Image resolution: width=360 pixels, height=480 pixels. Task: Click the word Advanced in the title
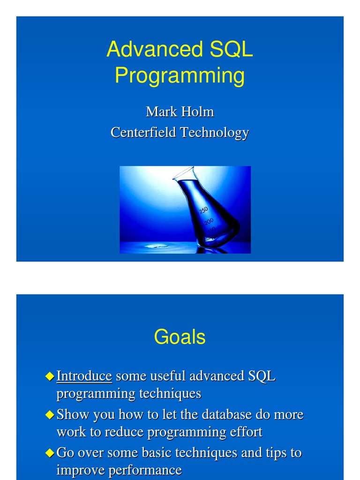(x=148, y=50)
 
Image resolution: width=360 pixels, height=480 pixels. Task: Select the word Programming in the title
(x=180, y=76)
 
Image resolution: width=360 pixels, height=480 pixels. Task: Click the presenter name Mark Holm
(x=180, y=112)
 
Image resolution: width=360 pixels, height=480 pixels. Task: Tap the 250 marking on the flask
(x=203, y=210)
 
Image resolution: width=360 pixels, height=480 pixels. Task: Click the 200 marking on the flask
(x=209, y=221)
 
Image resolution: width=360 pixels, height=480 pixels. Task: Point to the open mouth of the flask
(x=183, y=173)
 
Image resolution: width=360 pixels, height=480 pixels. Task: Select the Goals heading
(x=180, y=337)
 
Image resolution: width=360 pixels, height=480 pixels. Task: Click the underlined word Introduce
(x=84, y=376)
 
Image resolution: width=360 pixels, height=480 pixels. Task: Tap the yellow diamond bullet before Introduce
(x=50, y=376)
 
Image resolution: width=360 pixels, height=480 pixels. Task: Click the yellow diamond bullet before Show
(x=50, y=414)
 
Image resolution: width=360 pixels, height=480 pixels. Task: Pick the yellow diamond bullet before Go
(x=50, y=453)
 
